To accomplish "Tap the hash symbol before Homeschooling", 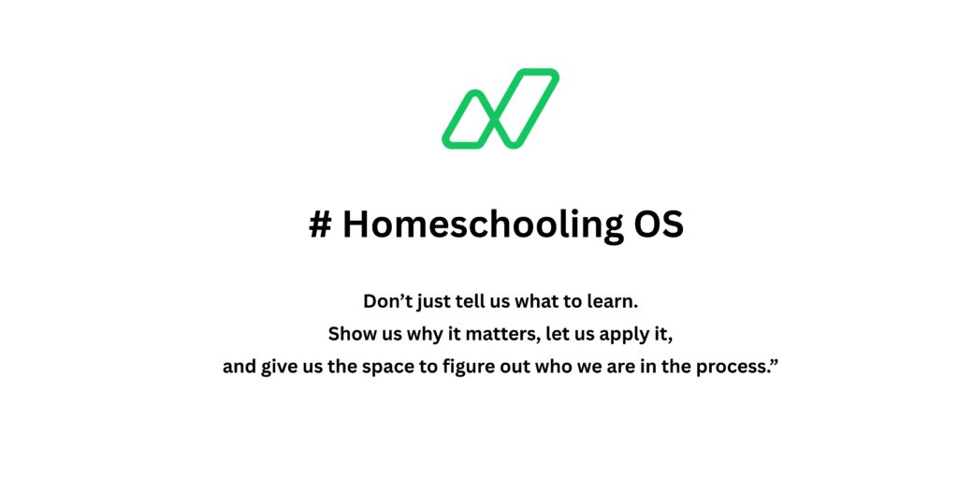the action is pos(320,225).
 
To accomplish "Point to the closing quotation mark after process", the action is pos(774,363).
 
